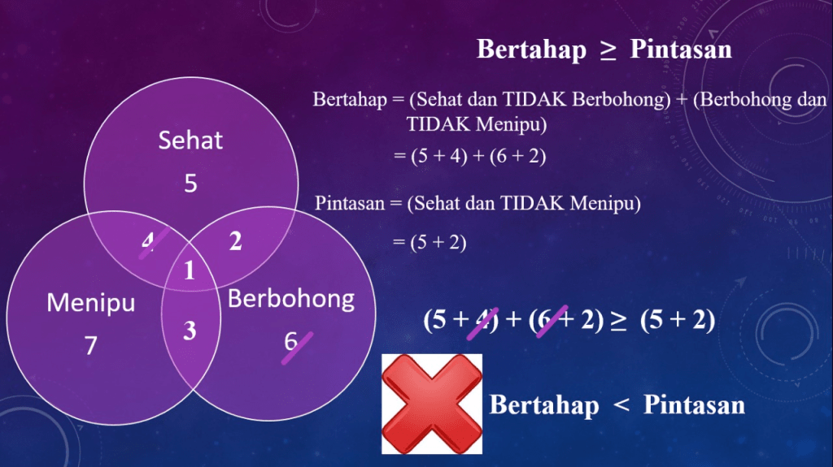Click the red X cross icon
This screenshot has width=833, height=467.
click(432, 404)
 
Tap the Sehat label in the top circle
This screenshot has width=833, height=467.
click(190, 141)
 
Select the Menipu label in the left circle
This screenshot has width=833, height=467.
click(91, 303)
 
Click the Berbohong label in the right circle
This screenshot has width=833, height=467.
click(291, 299)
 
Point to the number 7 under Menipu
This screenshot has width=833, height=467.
click(91, 345)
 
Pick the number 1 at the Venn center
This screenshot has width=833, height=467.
click(189, 270)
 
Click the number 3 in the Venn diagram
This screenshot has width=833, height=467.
click(190, 331)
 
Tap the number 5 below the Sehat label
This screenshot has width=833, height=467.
click(190, 184)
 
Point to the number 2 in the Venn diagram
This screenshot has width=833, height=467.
click(235, 241)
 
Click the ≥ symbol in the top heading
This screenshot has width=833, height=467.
click(608, 50)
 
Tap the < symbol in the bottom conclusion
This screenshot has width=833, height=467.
click(621, 406)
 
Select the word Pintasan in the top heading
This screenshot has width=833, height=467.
click(681, 50)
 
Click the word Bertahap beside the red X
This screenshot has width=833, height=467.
click(544, 405)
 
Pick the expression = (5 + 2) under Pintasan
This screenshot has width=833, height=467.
click(430, 243)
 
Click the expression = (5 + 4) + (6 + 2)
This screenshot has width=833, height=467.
click(469, 156)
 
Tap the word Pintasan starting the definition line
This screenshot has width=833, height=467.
click(350, 203)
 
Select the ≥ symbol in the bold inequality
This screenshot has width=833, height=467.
click(618, 320)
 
